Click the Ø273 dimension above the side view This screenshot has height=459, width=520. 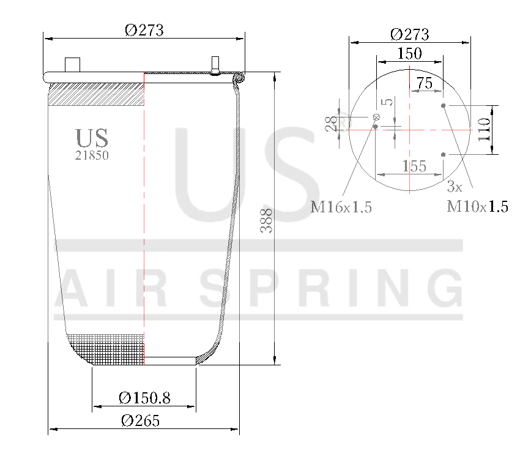point(144,30)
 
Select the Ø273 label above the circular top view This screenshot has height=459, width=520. point(409,34)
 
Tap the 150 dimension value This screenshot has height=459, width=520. point(409,53)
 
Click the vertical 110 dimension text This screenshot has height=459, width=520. point(484,130)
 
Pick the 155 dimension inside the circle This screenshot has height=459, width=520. point(414,166)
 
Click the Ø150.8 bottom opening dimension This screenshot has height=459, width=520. point(144,398)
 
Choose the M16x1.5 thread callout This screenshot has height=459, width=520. point(341,207)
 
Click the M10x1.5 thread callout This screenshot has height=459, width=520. point(477,206)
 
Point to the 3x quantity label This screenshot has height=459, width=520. point(454,185)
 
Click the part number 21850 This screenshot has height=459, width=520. point(92,155)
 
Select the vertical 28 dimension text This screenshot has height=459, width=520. point(332,124)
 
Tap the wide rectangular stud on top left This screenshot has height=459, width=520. point(73,64)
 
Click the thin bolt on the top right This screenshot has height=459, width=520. point(215,64)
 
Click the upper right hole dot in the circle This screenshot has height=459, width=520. point(444,105)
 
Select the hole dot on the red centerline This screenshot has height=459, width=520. point(376,127)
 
